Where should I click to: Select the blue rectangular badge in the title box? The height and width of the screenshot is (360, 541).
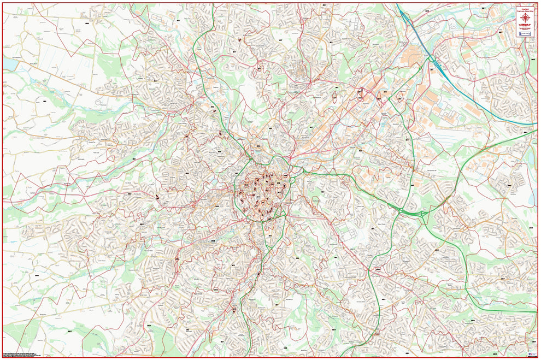coord(526,34)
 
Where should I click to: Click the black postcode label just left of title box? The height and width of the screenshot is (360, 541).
coord(501,32)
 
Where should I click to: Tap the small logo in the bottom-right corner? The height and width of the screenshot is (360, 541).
coord(533,353)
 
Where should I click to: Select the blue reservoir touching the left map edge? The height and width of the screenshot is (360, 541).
coord(9,64)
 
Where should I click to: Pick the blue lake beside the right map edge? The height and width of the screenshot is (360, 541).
coord(532,157)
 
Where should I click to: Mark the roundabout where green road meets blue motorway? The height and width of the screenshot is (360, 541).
coord(431,58)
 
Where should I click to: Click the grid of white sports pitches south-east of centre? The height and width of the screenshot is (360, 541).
coord(349,232)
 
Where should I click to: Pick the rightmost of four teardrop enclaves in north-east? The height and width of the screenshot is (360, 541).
coord(399,99)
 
